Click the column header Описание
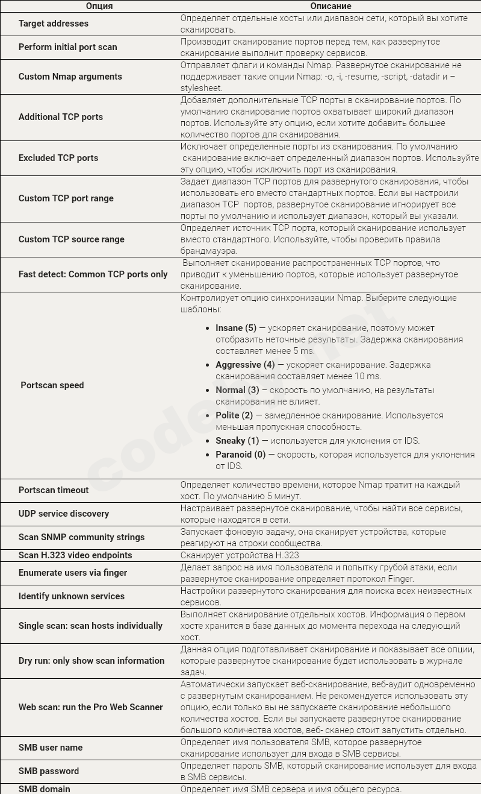pyautogui.click(x=330, y=6)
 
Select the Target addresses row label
pyautogui.click(x=54, y=24)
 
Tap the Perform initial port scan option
pyautogui.click(x=68, y=47)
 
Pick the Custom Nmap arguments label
pyautogui.click(x=70, y=77)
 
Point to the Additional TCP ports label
pyautogui.click(x=61, y=117)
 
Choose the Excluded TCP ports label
pyautogui.click(x=58, y=158)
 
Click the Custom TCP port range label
pyautogui.click(x=66, y=198)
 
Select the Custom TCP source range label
pyautogui.click(x=72, y=239)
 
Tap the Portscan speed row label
pyautogui.click(x=52, y=385)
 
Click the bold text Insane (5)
pyautogui.click(x=236, y=328)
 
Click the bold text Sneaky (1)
pyautogui.click(x=237, y=441)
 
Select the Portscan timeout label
pyautogui.click(x=54, y=490)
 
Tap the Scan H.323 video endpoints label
pyautogui.click(x=75, y=555)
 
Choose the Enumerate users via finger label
pyautogui.click(x=73, y=573)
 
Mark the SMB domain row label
pyautogui.click(x=45, y=789)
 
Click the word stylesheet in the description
pyautogui.click(x=201, y=88)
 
